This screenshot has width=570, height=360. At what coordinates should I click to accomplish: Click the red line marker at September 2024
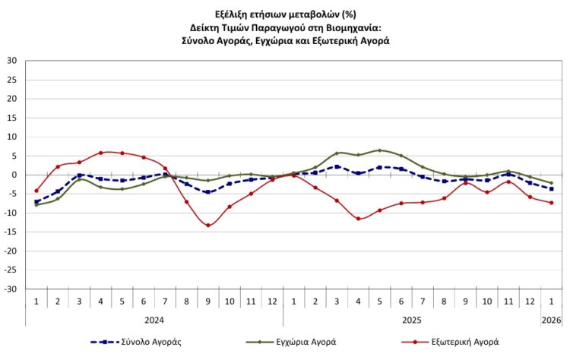(x=207, y=225)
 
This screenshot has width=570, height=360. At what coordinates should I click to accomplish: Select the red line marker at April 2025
(x=358, y=219)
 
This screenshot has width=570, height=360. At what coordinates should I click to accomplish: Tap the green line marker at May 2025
(x=380, y=150)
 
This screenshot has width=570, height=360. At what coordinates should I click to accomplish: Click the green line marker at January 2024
(x=36, y=205)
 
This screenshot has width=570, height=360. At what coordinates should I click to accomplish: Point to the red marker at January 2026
(x=551, y=203)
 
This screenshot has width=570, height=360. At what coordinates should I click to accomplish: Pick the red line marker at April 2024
(x=100, y=153)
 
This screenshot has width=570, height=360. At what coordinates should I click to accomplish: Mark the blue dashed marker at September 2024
(x=207, y=192)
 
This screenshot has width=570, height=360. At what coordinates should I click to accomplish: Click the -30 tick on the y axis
(x=11, y=289)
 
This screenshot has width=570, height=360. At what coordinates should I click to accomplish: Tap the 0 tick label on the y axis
(x=15, y=175)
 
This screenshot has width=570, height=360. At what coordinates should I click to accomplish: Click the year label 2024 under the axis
(x=154, y=321)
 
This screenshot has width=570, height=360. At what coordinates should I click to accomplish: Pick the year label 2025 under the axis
(x=412, y=321)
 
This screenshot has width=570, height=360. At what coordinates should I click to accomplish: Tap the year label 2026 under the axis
(x=551, y=321)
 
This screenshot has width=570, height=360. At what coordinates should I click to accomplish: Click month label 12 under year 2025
(x=530, y=302)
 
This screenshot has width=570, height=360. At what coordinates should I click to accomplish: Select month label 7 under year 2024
(x=165, y=302)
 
